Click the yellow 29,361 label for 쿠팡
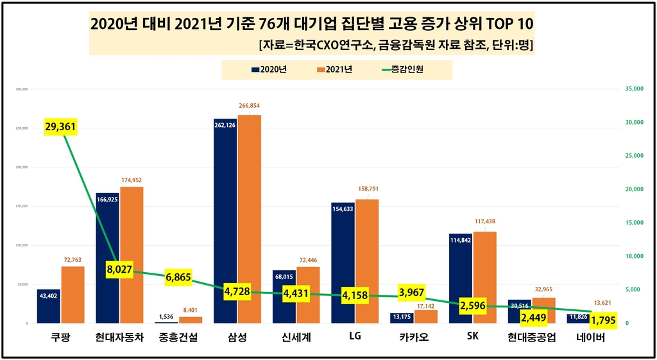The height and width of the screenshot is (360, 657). [60, 127]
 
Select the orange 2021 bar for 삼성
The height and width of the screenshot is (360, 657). [250, 218]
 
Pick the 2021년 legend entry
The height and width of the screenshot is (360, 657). [334, 69]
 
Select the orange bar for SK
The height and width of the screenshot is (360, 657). [484, 277]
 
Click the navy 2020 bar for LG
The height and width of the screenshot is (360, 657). [342, 263]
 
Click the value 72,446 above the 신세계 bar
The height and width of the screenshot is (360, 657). [308, 260]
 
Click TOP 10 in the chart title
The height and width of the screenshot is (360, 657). [502, 24]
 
